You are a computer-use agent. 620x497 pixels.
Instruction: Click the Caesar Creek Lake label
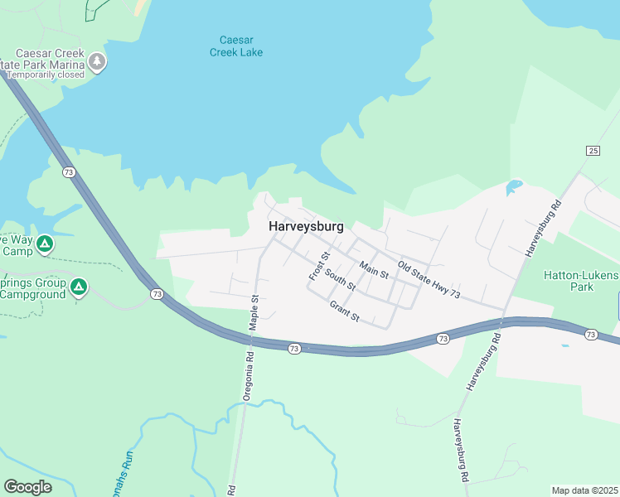(x=241, y=46)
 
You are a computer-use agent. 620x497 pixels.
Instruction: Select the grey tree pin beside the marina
(x=98, y=62)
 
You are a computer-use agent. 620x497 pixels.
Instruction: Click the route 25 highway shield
(x=593, y=150)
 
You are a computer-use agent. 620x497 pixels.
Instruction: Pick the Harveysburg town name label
(x=306, y=225)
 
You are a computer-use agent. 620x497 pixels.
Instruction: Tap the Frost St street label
(x=319, y=265)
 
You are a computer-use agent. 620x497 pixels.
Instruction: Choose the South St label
(x=340, y=280)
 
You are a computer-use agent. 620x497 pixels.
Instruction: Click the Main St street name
(x=374, y=269)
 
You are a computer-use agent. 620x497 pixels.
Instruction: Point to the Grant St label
(x=344, y=311)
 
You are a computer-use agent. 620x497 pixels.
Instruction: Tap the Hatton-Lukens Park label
(x=581, y=281)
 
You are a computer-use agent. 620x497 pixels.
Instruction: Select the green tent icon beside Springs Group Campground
(x=79, y=287)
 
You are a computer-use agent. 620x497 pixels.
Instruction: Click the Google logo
(x=27, y=486)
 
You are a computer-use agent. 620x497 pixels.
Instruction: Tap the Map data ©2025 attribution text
(x=584, y=490)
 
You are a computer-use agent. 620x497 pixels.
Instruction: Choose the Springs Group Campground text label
(x=32, y=287)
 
